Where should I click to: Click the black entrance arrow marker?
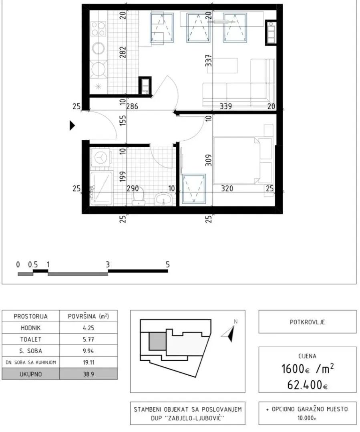click(72, 126)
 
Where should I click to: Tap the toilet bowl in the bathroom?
click(138, 198)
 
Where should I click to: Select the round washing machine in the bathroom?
click(100, 158)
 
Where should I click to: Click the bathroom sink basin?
click(163, 198)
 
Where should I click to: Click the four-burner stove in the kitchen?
click(99, 28)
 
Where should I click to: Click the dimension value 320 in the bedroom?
click(227, 188)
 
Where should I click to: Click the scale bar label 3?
click(108, 264)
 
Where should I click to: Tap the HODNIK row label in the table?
click(30, 328)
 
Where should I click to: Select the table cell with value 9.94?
click(88, 351)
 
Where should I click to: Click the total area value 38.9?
click(88, 374)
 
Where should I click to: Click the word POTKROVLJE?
click(307, 322)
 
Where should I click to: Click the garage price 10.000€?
click(307, 418)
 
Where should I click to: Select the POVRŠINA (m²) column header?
click(88, 316)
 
